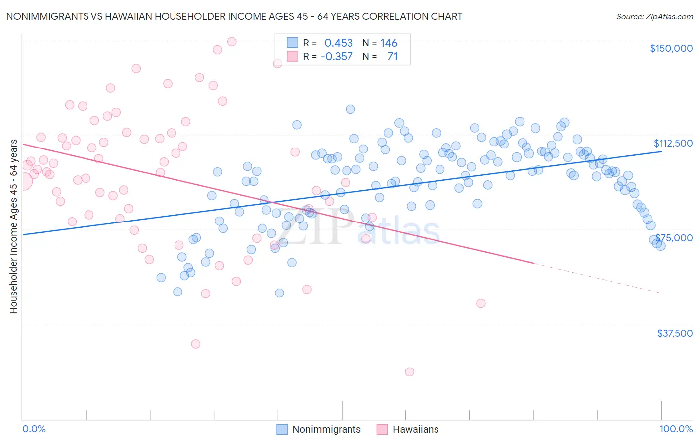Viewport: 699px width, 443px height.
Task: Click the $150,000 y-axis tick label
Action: [x=671, y=48]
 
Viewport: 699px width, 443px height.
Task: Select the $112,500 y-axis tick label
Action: [x=673, y=143]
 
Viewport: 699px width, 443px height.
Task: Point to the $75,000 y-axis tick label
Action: [x=674, y=238]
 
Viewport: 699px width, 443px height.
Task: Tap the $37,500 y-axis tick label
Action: [x=675, y=333]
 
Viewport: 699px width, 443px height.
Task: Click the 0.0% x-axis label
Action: [x=34, y=429]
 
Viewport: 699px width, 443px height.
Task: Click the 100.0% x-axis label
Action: [x=676, y=429]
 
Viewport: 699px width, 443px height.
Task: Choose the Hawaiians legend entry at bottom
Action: [x=415, y=429]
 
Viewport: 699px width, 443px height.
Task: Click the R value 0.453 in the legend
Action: [x=338, y=43]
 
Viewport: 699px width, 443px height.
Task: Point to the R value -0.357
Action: [x=337, y=57]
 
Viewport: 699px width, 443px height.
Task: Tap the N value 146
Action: [x=389, y=43]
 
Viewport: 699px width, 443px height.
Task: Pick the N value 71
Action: [x=392, y=57]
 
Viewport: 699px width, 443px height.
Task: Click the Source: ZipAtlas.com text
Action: [x=654, y=17]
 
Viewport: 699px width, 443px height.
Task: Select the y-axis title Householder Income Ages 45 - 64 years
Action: [x=13, y=226]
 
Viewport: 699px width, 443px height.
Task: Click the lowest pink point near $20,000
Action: [x=409, y=371]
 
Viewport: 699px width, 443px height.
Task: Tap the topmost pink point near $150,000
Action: [x=232, y=42]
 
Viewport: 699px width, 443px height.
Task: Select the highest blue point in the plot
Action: [x=350, y=109]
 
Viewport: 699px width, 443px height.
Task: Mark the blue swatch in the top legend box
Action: [x=292, y=43]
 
